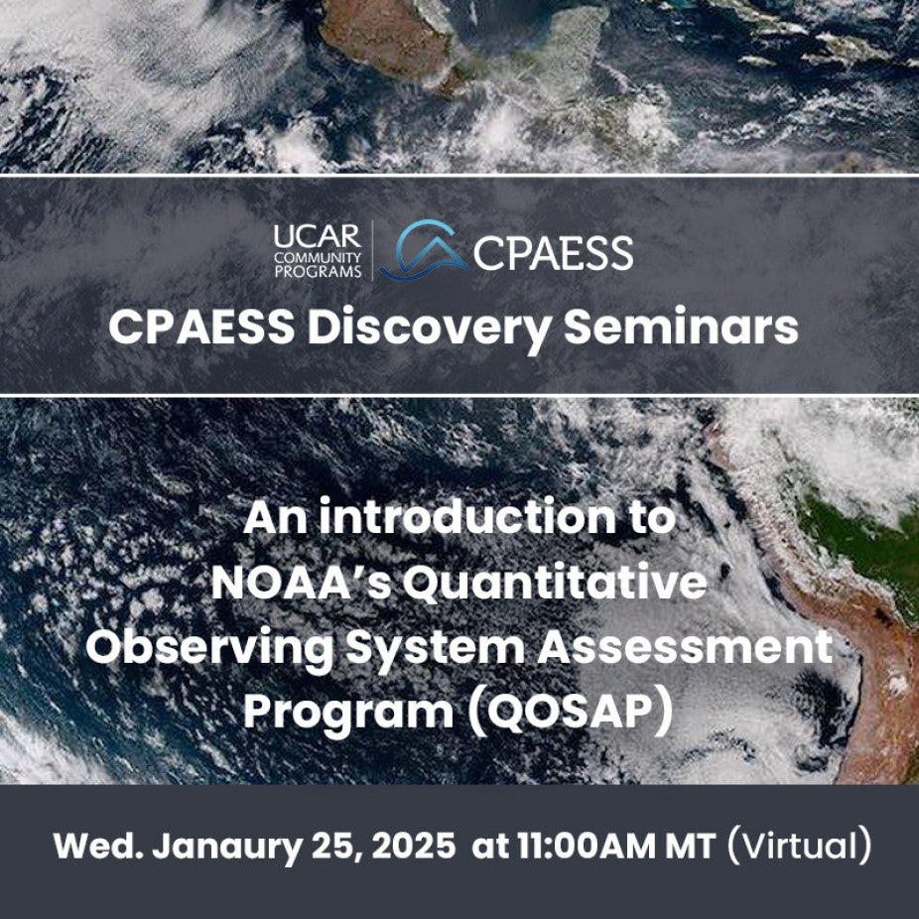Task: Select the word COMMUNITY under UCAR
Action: click(317, 258)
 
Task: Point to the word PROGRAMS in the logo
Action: click(318, 272)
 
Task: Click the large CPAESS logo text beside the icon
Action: click(553, 253)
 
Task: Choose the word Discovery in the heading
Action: click(429, 328)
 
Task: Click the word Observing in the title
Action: click(209, 648)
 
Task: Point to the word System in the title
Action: click(435, 649)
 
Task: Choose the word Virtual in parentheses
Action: click(799, 847)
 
